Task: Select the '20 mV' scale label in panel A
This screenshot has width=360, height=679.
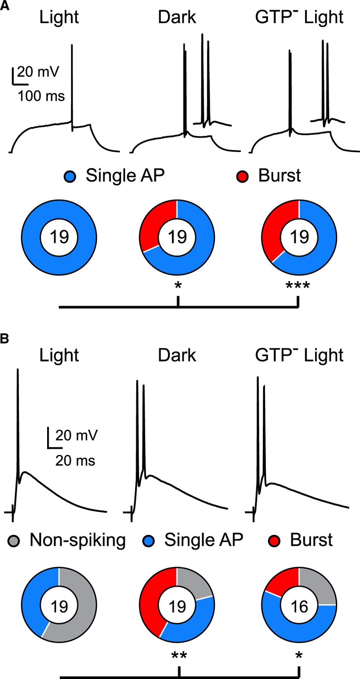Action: pyautogui.click(x=38, y=72)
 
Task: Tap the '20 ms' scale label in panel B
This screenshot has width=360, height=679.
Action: pyautogui.click(x=75, y=461)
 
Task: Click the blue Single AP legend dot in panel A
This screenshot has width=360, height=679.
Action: pyautogui.click(x=70, y=177)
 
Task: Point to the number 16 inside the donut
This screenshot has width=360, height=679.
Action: pyautogui.click(x=299, y=607)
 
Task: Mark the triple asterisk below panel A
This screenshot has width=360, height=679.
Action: pyautogui.click(x=298, y=286)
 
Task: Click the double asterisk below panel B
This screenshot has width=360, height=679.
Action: pyautogui.click(x=179, y=656)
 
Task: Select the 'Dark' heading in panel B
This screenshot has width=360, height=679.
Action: pyautogui.click(x=177, y=355)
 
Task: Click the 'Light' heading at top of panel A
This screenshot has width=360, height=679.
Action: pyautogui.click(x=59, y=18)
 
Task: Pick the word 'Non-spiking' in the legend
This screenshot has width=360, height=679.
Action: pyautogui.click(x=78, y=541)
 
